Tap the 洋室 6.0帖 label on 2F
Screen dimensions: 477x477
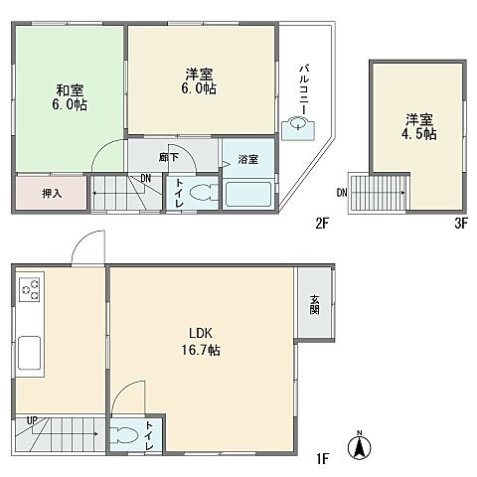point(199,81)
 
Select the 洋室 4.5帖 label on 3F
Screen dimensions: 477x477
point(417,128)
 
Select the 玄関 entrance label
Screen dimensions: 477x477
point(314,306)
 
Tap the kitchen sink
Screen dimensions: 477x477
point(30,352)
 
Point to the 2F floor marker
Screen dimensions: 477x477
point(322,224)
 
